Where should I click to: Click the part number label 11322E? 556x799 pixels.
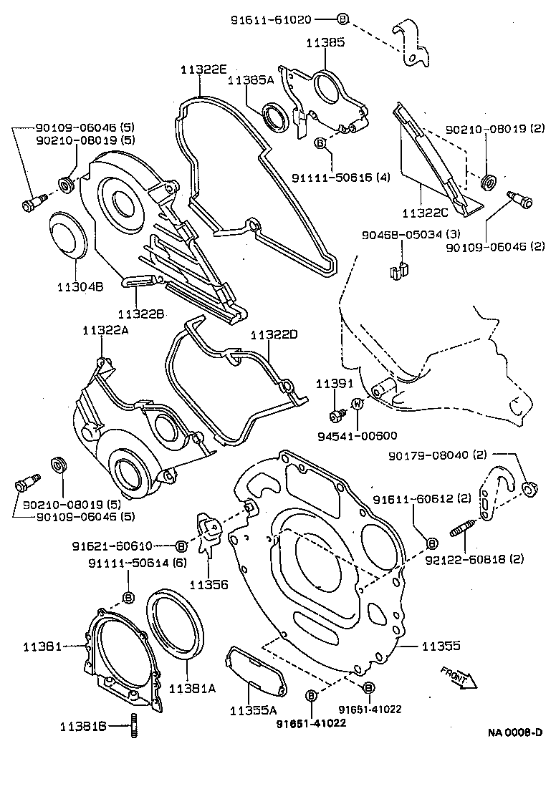(203, 69)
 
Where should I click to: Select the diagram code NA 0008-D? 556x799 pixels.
(515, 732)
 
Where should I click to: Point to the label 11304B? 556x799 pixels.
(80, 286)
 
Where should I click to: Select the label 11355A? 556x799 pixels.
(253, 710)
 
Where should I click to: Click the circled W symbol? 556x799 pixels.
(358, 405)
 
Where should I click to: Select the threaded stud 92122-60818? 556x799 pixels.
(466, 533)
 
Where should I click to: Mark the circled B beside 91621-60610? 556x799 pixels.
(181, 546)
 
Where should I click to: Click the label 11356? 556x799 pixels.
(208, 584)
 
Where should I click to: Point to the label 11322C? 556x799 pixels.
(425, 213)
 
